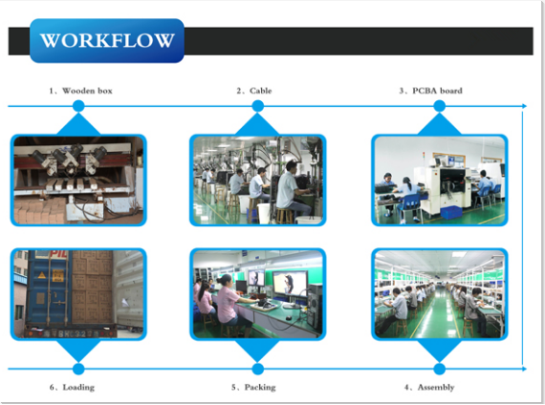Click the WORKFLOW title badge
point(107,41)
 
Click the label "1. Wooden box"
point(80,91)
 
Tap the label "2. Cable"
point(254,91)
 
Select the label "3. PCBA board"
point(430,91)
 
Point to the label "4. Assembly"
point(429,387)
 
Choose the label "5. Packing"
point(253,387)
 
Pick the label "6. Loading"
point(72,387)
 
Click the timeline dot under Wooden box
point(78,106)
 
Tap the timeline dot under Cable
point(257,106)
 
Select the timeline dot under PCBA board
point(439,106)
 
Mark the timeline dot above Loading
point(78,369)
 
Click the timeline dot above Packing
point(257,369)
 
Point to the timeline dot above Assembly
point(439,369)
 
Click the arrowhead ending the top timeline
point(525,106)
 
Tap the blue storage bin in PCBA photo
point(451,213)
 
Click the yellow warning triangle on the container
point(42,275)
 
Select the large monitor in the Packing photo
point(291,283)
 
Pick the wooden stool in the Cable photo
point(284,215)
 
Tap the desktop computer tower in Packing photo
point(315,307)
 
